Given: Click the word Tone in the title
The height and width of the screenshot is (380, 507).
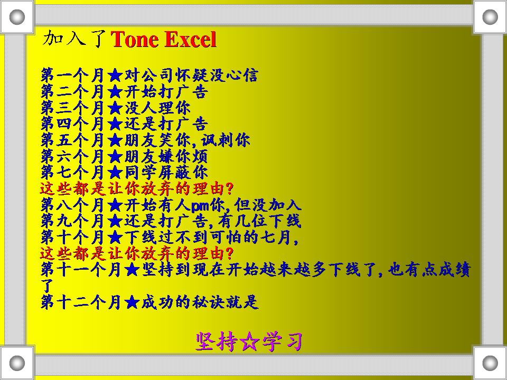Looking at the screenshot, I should coord(134,40).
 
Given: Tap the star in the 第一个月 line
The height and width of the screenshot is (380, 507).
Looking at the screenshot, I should coord(115,76).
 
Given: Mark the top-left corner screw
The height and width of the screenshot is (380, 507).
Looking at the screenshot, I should coord(17,17).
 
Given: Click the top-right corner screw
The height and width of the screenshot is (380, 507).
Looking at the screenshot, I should coord(490,17).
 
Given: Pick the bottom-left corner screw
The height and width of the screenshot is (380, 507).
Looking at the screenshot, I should coord(17,363).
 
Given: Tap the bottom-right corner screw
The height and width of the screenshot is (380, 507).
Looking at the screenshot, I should coord(490,363).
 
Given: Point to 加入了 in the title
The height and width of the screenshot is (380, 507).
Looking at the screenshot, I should coord(76,39).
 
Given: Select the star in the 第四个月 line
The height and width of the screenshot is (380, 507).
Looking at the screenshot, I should coord(115,125).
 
